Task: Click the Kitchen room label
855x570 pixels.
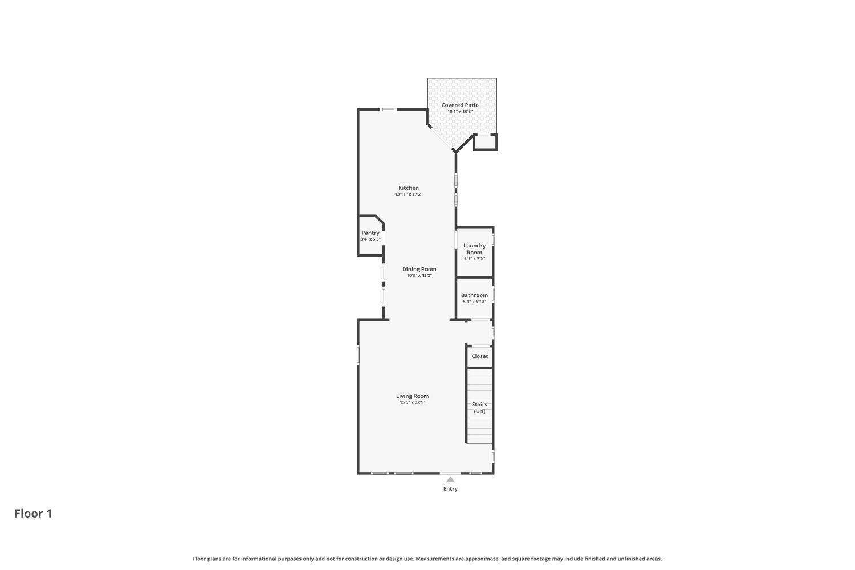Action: pyautogui.click(x=408, y=188)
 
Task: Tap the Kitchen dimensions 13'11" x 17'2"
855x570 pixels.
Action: pyautogui.click(x=408, y=194)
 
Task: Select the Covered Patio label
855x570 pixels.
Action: pyautogui.click(x=460, y=105)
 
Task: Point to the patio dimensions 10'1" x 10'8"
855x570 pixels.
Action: pyautogui.click(x=460, y=111)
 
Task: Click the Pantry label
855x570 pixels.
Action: pyautogui.click(x=370, y=233)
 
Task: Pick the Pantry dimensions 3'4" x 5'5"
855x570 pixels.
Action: pyautogui.click(x=370, y=239)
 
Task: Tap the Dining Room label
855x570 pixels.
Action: pyautogui.click(x=419, y=269)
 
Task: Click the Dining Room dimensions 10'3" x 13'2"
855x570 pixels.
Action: pyautogui.click(x=419, y=275)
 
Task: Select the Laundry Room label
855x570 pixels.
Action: pyautogui.click(x=474, y=249)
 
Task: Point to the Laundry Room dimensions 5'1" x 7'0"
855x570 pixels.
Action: pyautogui.click(x=474, y=259)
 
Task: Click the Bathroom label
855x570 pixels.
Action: pyautogui.click(x=474, y=295)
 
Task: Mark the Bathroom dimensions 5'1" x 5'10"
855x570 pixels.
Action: pyautogui.click(x=474, y=302)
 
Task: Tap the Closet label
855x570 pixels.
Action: pyautogui.click(x=479, y=356)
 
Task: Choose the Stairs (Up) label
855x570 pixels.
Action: pyautogui.click(x=479, y=408)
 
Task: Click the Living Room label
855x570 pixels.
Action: pyautogui.click(x=412, y=396)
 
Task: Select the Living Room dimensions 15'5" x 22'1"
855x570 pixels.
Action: pyautogui.click(x=412, y=402)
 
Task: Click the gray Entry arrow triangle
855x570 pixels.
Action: pyautogui.click(x=450, y=479)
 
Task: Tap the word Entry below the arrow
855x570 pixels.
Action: pyautogui.click(x=450, y=489)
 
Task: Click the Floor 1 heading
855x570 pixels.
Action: pyautogui.click(x=33, y=514)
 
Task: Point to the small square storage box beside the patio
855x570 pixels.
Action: pyautogui.click(x=485, y=142)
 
